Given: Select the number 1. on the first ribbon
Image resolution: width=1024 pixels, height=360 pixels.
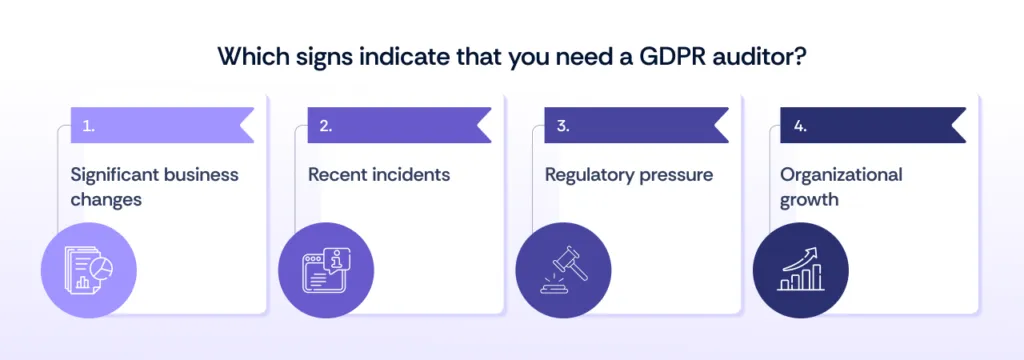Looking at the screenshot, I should [89, 127].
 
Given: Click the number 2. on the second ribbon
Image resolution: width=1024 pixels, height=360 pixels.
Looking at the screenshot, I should [326, 127].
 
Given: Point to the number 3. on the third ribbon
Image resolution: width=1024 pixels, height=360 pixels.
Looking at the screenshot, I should [563, 127].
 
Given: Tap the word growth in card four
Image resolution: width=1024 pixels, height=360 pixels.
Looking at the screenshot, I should [811, 199].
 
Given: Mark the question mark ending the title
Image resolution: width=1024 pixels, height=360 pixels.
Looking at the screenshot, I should [801, 57].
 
